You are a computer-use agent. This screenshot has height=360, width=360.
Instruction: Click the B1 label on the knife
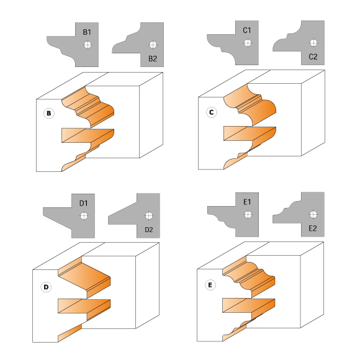coord(87,32)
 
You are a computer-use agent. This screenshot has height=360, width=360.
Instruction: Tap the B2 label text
coord(153,59)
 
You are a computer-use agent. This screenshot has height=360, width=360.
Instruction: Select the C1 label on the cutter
coord(247,30)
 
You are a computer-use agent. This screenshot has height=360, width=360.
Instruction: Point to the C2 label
coord(313,56)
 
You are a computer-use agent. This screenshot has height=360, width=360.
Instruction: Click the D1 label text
coord(84,203)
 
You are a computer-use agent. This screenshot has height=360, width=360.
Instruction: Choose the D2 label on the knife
coord(149,230)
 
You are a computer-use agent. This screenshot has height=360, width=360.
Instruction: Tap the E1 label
coord(247,202)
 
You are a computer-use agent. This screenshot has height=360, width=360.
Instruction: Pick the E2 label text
coord(313,228)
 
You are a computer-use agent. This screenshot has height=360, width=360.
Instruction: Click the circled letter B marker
coord(49,113)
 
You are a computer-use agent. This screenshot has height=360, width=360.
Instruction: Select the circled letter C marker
coord(212,112)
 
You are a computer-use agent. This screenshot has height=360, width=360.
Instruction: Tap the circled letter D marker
coord(46,287)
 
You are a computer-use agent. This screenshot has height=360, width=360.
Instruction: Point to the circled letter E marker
coord(210,285)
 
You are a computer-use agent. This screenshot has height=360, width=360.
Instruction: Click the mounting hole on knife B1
coord(88,45)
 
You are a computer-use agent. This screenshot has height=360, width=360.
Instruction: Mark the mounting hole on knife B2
coord(153,45)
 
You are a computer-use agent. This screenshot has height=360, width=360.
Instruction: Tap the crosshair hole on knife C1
coord(248,43)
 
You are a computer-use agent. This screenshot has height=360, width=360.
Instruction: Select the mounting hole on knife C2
coord(313,43)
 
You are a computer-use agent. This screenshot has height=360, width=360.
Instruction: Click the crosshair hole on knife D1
coord(84,216)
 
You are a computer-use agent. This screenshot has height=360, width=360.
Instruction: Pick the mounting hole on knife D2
coord(149,216)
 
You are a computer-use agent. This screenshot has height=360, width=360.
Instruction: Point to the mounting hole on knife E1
coord(248,215)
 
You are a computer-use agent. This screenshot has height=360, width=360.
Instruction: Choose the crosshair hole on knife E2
coord(313,215)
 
